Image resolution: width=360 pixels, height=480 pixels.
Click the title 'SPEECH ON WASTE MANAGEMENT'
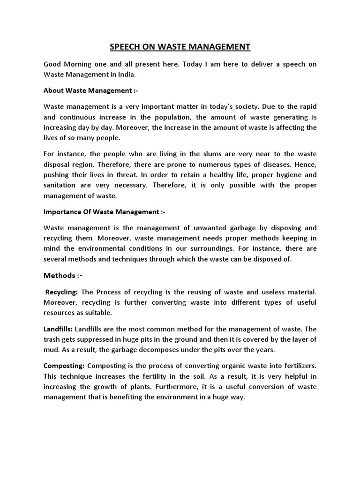[x=180, y=46]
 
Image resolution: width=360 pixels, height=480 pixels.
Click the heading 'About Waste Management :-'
[x=90, y=90]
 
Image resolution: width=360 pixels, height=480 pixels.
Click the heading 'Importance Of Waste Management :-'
[x=104, y=212]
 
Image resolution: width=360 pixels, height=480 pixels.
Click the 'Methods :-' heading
[x=63, y=275]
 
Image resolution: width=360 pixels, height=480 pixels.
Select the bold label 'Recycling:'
[x=61, y=292]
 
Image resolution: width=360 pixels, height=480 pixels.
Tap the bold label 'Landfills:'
[x=58, y=330]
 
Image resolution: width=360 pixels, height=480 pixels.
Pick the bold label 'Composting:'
[x=64, y=366]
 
